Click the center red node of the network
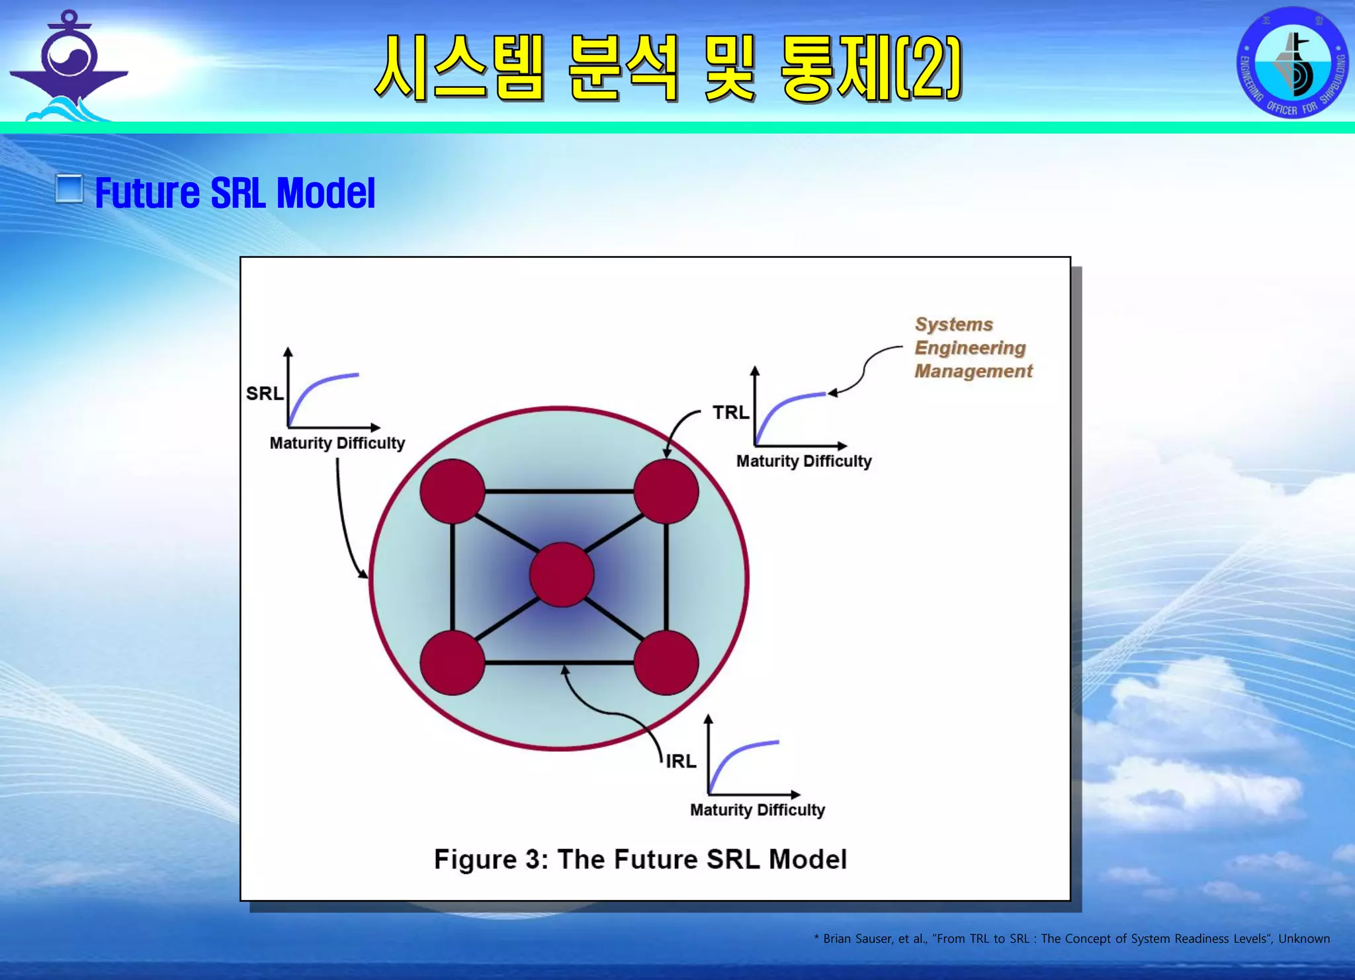[562, 574]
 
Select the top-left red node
[453, 491]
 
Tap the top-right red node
[666, 491]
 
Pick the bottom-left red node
[453, 663]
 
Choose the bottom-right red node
[666, 663]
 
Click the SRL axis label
[265, 393]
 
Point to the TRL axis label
[730, 412]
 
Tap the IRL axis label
[681, 761]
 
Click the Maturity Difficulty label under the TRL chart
[804, 461]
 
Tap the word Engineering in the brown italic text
[970, 348]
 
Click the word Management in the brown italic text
[973, 371]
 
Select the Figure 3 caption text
[640, 859]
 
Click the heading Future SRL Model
[235, 193]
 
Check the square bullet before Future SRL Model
[69, 189]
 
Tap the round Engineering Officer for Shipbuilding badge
[1292, 63]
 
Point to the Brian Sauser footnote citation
[1071, 938]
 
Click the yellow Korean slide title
[668, 68]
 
